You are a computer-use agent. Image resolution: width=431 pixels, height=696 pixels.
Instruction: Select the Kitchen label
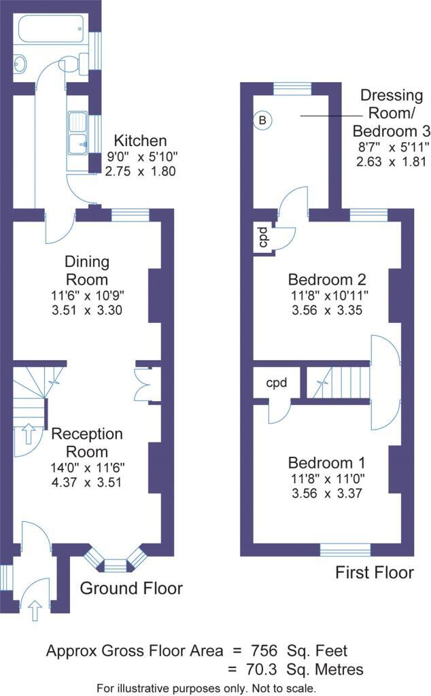(x=140, y=141)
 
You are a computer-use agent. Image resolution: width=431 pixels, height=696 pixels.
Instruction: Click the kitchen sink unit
(x=78, y=133)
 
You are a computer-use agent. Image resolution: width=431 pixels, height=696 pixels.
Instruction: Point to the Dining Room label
(x=86, y=271)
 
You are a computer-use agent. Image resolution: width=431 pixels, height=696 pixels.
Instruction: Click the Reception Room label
(x=88, y=442)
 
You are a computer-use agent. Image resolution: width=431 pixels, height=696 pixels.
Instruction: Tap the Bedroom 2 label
(x=328, y=279)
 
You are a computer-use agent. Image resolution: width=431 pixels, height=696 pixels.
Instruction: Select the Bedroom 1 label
(x=328, y=463)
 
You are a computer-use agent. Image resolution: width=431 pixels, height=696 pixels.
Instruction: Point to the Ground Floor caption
(x=131, y=588)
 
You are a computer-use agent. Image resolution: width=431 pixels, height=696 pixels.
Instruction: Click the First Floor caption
(x=375, y=573)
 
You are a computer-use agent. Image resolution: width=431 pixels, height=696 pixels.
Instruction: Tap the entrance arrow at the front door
(x=35, y=610)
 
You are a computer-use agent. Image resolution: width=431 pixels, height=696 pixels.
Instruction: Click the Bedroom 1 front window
(x=345, y=549)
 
